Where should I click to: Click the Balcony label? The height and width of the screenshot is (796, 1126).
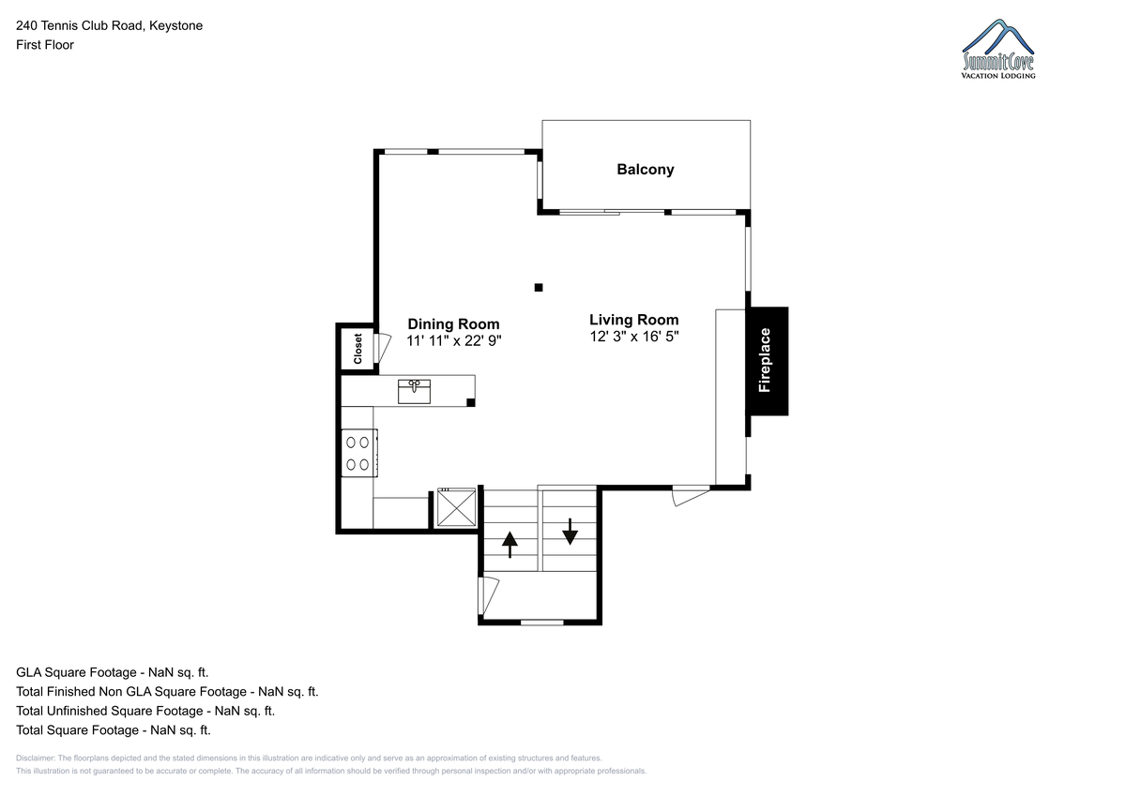click(646, 170)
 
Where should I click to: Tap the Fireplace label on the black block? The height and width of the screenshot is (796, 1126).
click(765, 360)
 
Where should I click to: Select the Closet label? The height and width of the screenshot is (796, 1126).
click(358, 349)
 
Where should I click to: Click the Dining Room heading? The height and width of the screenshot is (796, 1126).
click(453, 323)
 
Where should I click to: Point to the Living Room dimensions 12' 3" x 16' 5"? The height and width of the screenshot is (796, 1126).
click(634, 337)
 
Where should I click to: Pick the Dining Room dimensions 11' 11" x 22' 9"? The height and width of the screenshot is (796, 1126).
click(454, 341)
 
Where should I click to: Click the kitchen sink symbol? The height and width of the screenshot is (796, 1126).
click(414, 392)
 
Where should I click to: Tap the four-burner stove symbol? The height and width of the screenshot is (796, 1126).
click(359, 453)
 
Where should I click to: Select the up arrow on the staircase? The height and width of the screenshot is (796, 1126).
click(510, 545)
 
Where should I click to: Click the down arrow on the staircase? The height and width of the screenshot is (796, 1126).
click(570, 532)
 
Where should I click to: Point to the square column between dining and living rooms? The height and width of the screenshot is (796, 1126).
click(539, 288)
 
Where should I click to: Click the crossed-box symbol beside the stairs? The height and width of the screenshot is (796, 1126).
click(456, 508)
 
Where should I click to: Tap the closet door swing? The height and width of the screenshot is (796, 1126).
click(383, 348)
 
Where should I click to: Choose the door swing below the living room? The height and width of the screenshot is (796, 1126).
click(691, 496)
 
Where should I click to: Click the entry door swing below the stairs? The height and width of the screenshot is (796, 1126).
click(488, 595)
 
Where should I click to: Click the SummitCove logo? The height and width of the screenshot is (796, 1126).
click(997, 49)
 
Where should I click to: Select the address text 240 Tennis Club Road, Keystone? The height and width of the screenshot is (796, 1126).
click(109, 25)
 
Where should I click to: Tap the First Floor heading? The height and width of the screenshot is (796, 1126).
click(45, 45)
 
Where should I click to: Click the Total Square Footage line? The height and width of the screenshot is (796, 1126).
click(114, 729)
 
